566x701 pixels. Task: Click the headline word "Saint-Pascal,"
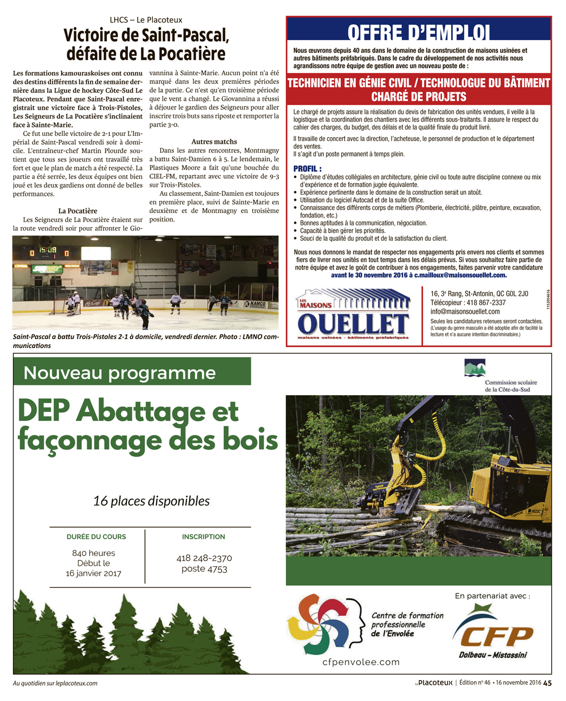pos(186,35)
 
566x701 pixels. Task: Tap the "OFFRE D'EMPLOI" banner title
pos(418,32)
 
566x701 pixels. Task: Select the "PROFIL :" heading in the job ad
pos(307,169)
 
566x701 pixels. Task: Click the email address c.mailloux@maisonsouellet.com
pos(460,275)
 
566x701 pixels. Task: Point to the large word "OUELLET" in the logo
pos(353,324)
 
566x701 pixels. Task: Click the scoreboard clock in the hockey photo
pos(47,250)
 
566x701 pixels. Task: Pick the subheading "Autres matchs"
pos(214,142)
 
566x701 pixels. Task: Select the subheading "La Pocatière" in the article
pos(78,211)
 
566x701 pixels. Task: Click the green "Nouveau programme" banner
pos(131,373)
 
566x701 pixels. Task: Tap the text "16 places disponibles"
pos(151,501)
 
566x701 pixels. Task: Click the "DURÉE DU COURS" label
pos(96,537)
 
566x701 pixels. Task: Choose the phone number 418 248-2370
pos(204,558)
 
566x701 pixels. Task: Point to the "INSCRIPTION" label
pos(203,537)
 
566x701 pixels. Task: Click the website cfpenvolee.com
pos(361,662)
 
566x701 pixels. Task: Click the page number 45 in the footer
pos(547,683)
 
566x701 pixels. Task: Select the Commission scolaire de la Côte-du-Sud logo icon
pos(474,367)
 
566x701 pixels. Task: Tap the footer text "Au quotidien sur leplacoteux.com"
pos(55,683)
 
